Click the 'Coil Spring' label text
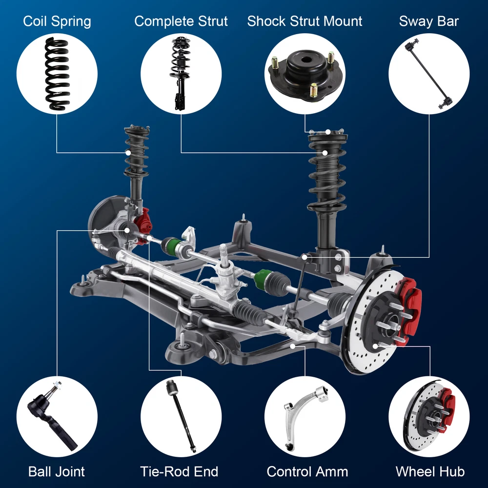(x=57, y=22)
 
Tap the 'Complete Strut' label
(x=181, y=22)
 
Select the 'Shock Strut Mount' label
(x=305, y=21)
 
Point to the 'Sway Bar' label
(x=429, y=21)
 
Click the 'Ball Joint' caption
(x=57, y=471)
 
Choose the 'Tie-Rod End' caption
(x=179, y=471)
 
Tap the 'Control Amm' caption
(x=307, y=471)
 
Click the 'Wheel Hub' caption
(x=430, y=471)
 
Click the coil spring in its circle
(x=57, y=74)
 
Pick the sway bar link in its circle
(x=429, y=74)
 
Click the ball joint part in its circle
(x=51, y=415)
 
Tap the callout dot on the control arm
(x=292, y=346)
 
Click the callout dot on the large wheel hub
(x=375, y=346)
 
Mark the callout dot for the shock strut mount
(x=328, y=132)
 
